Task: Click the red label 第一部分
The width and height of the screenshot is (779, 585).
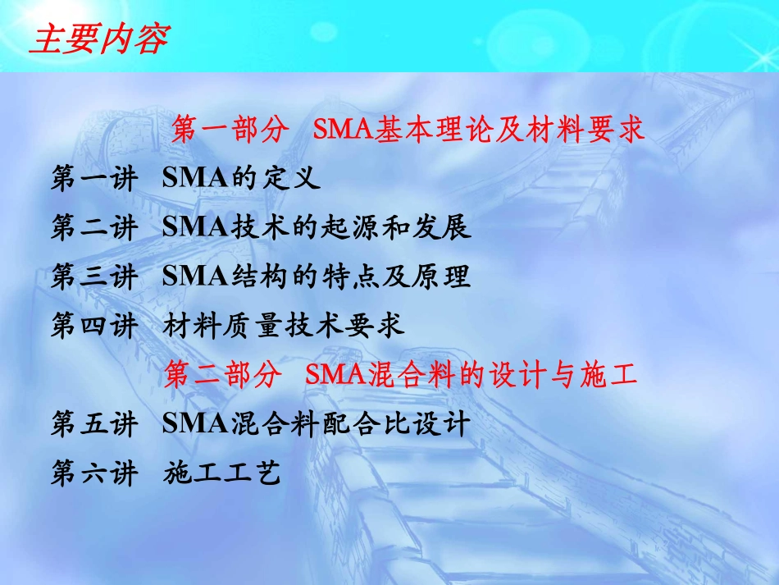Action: click(x=230, y=130)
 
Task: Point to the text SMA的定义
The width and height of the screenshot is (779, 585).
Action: click(x=241, y=180)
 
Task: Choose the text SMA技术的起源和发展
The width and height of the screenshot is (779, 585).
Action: click(x=317, y=228)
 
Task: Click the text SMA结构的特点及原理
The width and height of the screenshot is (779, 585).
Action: click(x=317, y=277)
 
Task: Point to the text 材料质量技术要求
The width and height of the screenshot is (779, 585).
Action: click(x=284, y=327)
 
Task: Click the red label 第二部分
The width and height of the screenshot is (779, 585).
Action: click(x=223, y=376)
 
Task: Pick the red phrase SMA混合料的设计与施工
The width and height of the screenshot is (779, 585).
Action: click(x=471, y=376)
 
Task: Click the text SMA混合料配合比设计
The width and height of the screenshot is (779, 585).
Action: click(x=317, y=424)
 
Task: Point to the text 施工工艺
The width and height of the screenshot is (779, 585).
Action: click(x=222, y=473)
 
